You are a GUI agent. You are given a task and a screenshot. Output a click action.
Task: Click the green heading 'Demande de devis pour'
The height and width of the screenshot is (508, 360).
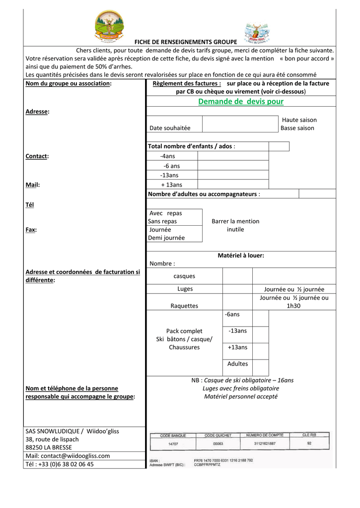coord(241,102)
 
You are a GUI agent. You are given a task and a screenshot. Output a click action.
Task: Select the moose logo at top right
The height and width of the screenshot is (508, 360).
coord(256,33)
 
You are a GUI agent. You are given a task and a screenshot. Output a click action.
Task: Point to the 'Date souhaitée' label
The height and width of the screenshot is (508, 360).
coord(170,128)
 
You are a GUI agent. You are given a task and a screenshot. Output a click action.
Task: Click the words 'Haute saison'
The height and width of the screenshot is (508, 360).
coord(299,120)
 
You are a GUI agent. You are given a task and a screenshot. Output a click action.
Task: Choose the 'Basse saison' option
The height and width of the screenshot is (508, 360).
coord(297,128)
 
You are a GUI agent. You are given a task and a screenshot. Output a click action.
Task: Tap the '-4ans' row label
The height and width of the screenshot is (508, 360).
coord(167,156)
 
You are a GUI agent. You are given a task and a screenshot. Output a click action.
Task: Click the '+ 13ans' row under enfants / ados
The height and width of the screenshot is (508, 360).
coord(171,185)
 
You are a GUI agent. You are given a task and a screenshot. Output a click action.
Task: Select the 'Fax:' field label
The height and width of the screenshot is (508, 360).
coord(32,230)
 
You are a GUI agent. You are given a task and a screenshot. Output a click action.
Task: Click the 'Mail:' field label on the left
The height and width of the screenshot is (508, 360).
coord(32,185)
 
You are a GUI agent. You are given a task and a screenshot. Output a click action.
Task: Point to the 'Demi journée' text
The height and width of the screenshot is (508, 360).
coord(166,238)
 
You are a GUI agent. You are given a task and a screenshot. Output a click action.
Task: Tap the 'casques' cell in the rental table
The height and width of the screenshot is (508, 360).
coord(184,276)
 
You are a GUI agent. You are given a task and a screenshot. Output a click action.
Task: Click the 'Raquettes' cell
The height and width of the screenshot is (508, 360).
coord(184,306)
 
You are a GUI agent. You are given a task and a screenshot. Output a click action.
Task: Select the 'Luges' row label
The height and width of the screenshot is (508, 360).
coord(185,289)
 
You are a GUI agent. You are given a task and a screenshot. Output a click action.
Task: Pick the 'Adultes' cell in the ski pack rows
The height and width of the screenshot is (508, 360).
coord(237,364)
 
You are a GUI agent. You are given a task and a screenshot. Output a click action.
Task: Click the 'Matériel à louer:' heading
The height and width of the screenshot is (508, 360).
coord(241,255)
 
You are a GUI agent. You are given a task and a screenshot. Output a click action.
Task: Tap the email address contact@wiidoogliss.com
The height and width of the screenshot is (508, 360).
coord(68,455)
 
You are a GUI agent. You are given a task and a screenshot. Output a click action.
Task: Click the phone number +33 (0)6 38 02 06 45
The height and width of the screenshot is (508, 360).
coord(60,464)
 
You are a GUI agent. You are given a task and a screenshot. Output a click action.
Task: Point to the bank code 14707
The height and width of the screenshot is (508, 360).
coord(173,444)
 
